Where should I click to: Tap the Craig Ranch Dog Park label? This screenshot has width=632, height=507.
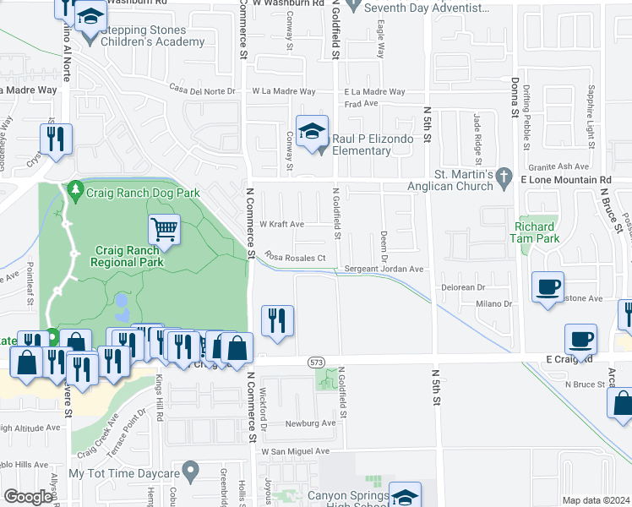[x=142, y=193]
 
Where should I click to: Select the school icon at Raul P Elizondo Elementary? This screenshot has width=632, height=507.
[x=312, y=131]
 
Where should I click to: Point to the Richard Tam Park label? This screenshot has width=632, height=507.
[x=535, y=232]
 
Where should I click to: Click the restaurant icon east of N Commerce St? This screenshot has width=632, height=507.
[x=277, y=319]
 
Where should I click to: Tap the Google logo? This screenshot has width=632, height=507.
[x=29, y=497]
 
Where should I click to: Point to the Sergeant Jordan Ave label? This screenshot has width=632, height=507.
[x=384, y=269]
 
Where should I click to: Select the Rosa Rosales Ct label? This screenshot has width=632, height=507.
[x=295, y=257]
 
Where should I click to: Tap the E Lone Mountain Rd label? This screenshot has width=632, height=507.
[x=565, y=180]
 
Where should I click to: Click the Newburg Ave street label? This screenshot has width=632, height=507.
[x=310, y=423]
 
